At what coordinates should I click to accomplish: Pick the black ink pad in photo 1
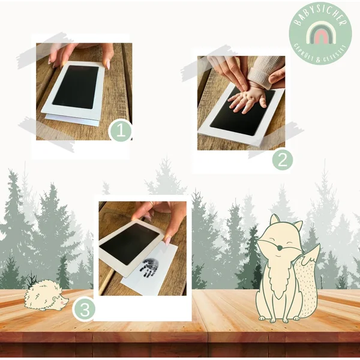coord(75,86)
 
